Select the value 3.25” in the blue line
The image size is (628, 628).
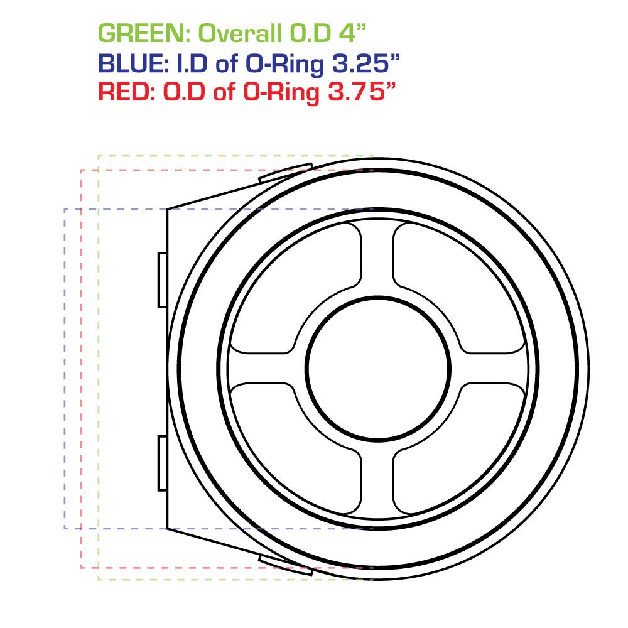click(x=365, y=63)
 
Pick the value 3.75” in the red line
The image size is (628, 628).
click(x=359, y=93)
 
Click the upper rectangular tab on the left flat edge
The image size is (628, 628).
click(x=162, y=279)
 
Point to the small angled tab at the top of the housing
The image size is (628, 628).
click(x=286, y=173)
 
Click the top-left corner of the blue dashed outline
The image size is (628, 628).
click(x=65, y=209)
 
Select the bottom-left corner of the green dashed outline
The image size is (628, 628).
click(x=99, y=579)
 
